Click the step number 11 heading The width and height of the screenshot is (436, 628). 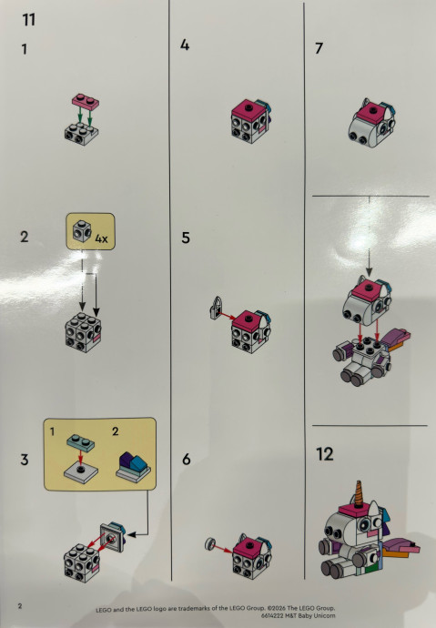click(x=29, y=19)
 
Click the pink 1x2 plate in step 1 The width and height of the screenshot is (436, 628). click(x=86, y=101)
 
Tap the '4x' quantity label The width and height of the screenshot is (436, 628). click(x=101, y=238)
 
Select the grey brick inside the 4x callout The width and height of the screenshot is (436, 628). click(x=82, y=231)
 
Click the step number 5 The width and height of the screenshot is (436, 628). click(x=186, y=238)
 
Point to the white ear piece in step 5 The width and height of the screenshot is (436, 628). click(x=217, y=308)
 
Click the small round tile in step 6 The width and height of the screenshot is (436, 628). click(x=209, y=544)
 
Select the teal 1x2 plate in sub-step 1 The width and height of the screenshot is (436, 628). click(x=80, y=442)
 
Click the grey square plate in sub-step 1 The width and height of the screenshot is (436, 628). click(x=81, y=472)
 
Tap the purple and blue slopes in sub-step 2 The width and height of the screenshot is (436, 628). click(x=133, y=464)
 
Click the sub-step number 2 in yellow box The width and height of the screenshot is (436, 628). click(x=116, y=431)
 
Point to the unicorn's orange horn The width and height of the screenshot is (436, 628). click(x=359, y=493)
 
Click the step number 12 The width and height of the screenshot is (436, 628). click(x=325, y=454)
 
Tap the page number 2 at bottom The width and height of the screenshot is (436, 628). click(x=20, y=605)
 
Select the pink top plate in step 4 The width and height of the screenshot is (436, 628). click(x=248, y=110)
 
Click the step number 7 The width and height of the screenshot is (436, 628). click(x=319, y=48)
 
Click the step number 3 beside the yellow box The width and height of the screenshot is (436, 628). click(x=25, y=460)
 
